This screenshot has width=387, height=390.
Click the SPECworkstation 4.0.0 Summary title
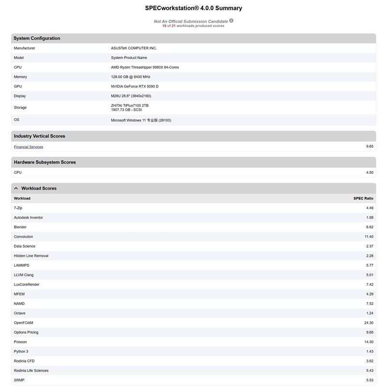click(193, 8)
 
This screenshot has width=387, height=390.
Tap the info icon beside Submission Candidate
click(231, 21)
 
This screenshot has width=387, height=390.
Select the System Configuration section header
click(37, 38)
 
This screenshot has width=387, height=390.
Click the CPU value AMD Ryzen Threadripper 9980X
click(145, 67)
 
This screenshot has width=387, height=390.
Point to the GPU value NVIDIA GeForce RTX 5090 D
click(134, 86)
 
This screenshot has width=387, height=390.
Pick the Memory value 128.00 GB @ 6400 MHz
click(131, 77)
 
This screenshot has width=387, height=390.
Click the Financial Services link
click(29, 147)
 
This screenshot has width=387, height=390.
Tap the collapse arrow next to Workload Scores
click(16, 188)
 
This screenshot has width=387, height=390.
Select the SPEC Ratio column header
click(363, 198)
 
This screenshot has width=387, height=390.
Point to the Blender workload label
click(20, 227)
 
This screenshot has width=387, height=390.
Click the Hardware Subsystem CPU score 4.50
click(370, 172)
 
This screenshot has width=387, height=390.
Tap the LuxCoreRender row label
click(27, 285)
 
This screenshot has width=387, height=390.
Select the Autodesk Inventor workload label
click(29, 218)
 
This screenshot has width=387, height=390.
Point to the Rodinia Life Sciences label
click(31, 371)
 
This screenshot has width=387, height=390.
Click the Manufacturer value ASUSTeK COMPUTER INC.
click(134, 48)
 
